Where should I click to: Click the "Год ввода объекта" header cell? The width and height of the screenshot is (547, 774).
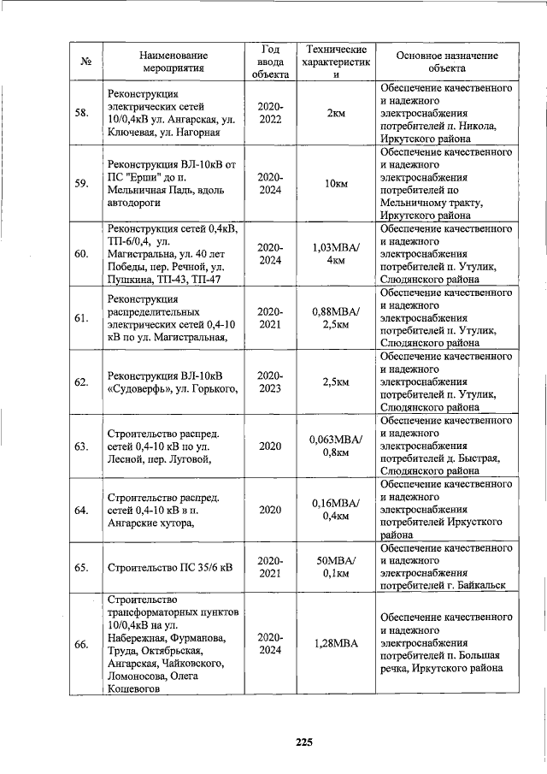271,59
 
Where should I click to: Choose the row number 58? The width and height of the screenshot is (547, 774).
83,113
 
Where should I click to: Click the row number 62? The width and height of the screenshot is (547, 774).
83,381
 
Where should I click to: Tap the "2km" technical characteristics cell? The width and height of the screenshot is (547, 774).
336,113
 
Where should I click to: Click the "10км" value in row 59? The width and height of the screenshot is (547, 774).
336,184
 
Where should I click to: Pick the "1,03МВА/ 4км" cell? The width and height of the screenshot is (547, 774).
336,254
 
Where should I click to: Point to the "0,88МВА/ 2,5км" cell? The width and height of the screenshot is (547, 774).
336,317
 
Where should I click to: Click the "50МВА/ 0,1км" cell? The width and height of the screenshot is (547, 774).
336,566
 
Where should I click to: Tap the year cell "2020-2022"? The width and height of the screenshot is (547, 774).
271,113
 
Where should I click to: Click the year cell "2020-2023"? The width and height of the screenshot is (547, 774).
271,381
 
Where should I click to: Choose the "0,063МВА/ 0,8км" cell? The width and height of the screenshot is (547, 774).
336,446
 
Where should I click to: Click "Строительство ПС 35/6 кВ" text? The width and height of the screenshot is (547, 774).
168,566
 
